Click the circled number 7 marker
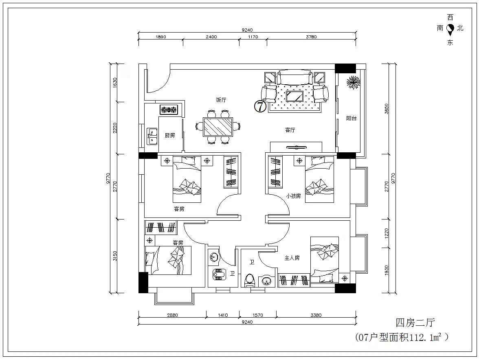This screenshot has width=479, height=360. point(260,106)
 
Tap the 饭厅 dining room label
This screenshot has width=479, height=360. point(221,100)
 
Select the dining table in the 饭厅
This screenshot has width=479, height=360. point(218,127)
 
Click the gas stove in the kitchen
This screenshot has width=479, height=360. point(169,109)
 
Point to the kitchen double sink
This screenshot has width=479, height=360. point(152,136)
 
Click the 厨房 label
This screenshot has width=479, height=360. point(170,135)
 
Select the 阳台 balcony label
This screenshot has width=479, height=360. point(351,118)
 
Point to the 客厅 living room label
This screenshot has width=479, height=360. point(290,130)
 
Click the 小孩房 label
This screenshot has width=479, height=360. point(293,196)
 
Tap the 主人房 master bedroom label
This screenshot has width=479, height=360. point(292,258)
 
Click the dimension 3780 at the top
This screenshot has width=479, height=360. point(311,37)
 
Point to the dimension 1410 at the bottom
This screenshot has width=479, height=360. point(223,315)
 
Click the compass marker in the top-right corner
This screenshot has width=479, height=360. point(450,30)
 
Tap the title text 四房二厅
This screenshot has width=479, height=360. point(415,323)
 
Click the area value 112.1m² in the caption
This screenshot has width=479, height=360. point(426,338)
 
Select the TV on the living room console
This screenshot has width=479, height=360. point(297,147)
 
